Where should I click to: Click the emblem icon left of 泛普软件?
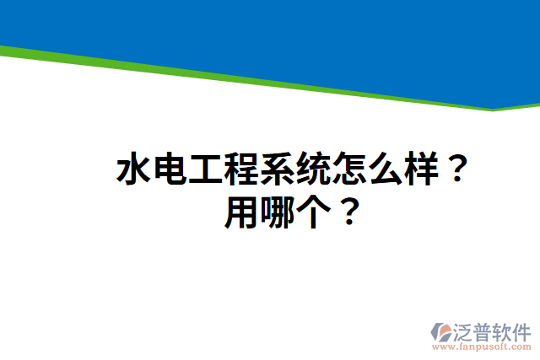(442, 331)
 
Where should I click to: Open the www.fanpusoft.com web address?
(482, 347)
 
